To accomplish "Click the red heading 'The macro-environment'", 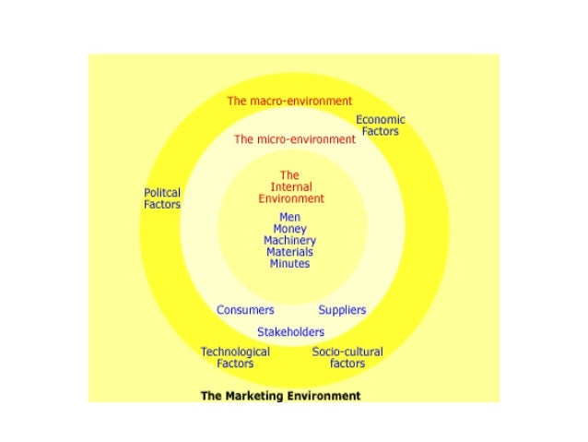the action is [x=289, y=101].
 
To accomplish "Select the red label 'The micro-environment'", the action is [x=294, y=139].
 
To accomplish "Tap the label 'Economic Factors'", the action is [x=380, y=125].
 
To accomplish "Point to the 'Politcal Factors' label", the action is [x=162, y=198].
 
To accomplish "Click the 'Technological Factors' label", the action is [x=235, y=357].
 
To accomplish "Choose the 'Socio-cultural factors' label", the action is [x=347, y=357].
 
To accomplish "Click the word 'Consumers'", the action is [x=245, y=310].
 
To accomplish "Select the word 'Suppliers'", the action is [x=342, y=310].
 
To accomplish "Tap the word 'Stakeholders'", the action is [x=290, y=332].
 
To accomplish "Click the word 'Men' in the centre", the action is [x=289, y=218].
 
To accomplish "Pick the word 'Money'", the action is [x=289, y=229].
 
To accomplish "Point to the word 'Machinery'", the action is [x=289, y=241].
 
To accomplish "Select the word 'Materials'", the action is [x=289, y=252].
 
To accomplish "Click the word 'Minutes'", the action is [x=289, y=264].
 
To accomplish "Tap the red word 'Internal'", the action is [x=290, y=186].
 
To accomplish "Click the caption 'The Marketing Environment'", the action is [x=280, y=396].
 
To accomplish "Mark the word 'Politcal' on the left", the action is [x=162, y=193].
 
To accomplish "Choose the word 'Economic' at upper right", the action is [x=381, y=120].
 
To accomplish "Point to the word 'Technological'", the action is [x=235, y=352].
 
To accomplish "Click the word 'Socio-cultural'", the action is [x=347, y=352].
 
